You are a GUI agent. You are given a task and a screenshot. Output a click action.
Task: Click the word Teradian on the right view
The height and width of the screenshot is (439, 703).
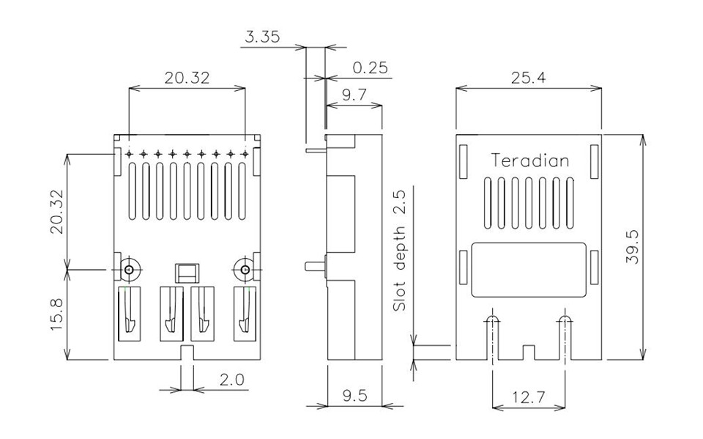[x=529, y=161]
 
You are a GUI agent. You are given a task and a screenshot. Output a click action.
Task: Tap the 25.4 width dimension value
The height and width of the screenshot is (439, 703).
[x=529, y=78]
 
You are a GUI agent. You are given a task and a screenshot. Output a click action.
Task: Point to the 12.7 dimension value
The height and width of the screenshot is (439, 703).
[x=528, y=397]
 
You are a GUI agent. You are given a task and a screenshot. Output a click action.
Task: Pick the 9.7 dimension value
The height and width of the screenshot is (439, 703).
[x=355, y=94]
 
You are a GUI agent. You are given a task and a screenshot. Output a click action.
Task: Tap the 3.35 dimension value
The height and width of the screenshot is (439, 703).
[x=261, y=37]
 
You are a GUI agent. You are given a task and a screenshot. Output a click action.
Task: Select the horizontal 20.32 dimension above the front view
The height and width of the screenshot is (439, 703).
[x=187, y=78]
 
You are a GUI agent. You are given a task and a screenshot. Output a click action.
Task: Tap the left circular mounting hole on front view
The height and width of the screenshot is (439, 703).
[x=130, y=270]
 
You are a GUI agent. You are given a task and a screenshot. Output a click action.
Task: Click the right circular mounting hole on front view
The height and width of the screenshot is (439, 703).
[x=245, y=270]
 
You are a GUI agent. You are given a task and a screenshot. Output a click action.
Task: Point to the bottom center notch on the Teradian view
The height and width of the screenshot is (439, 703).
[x=529, y=353]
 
